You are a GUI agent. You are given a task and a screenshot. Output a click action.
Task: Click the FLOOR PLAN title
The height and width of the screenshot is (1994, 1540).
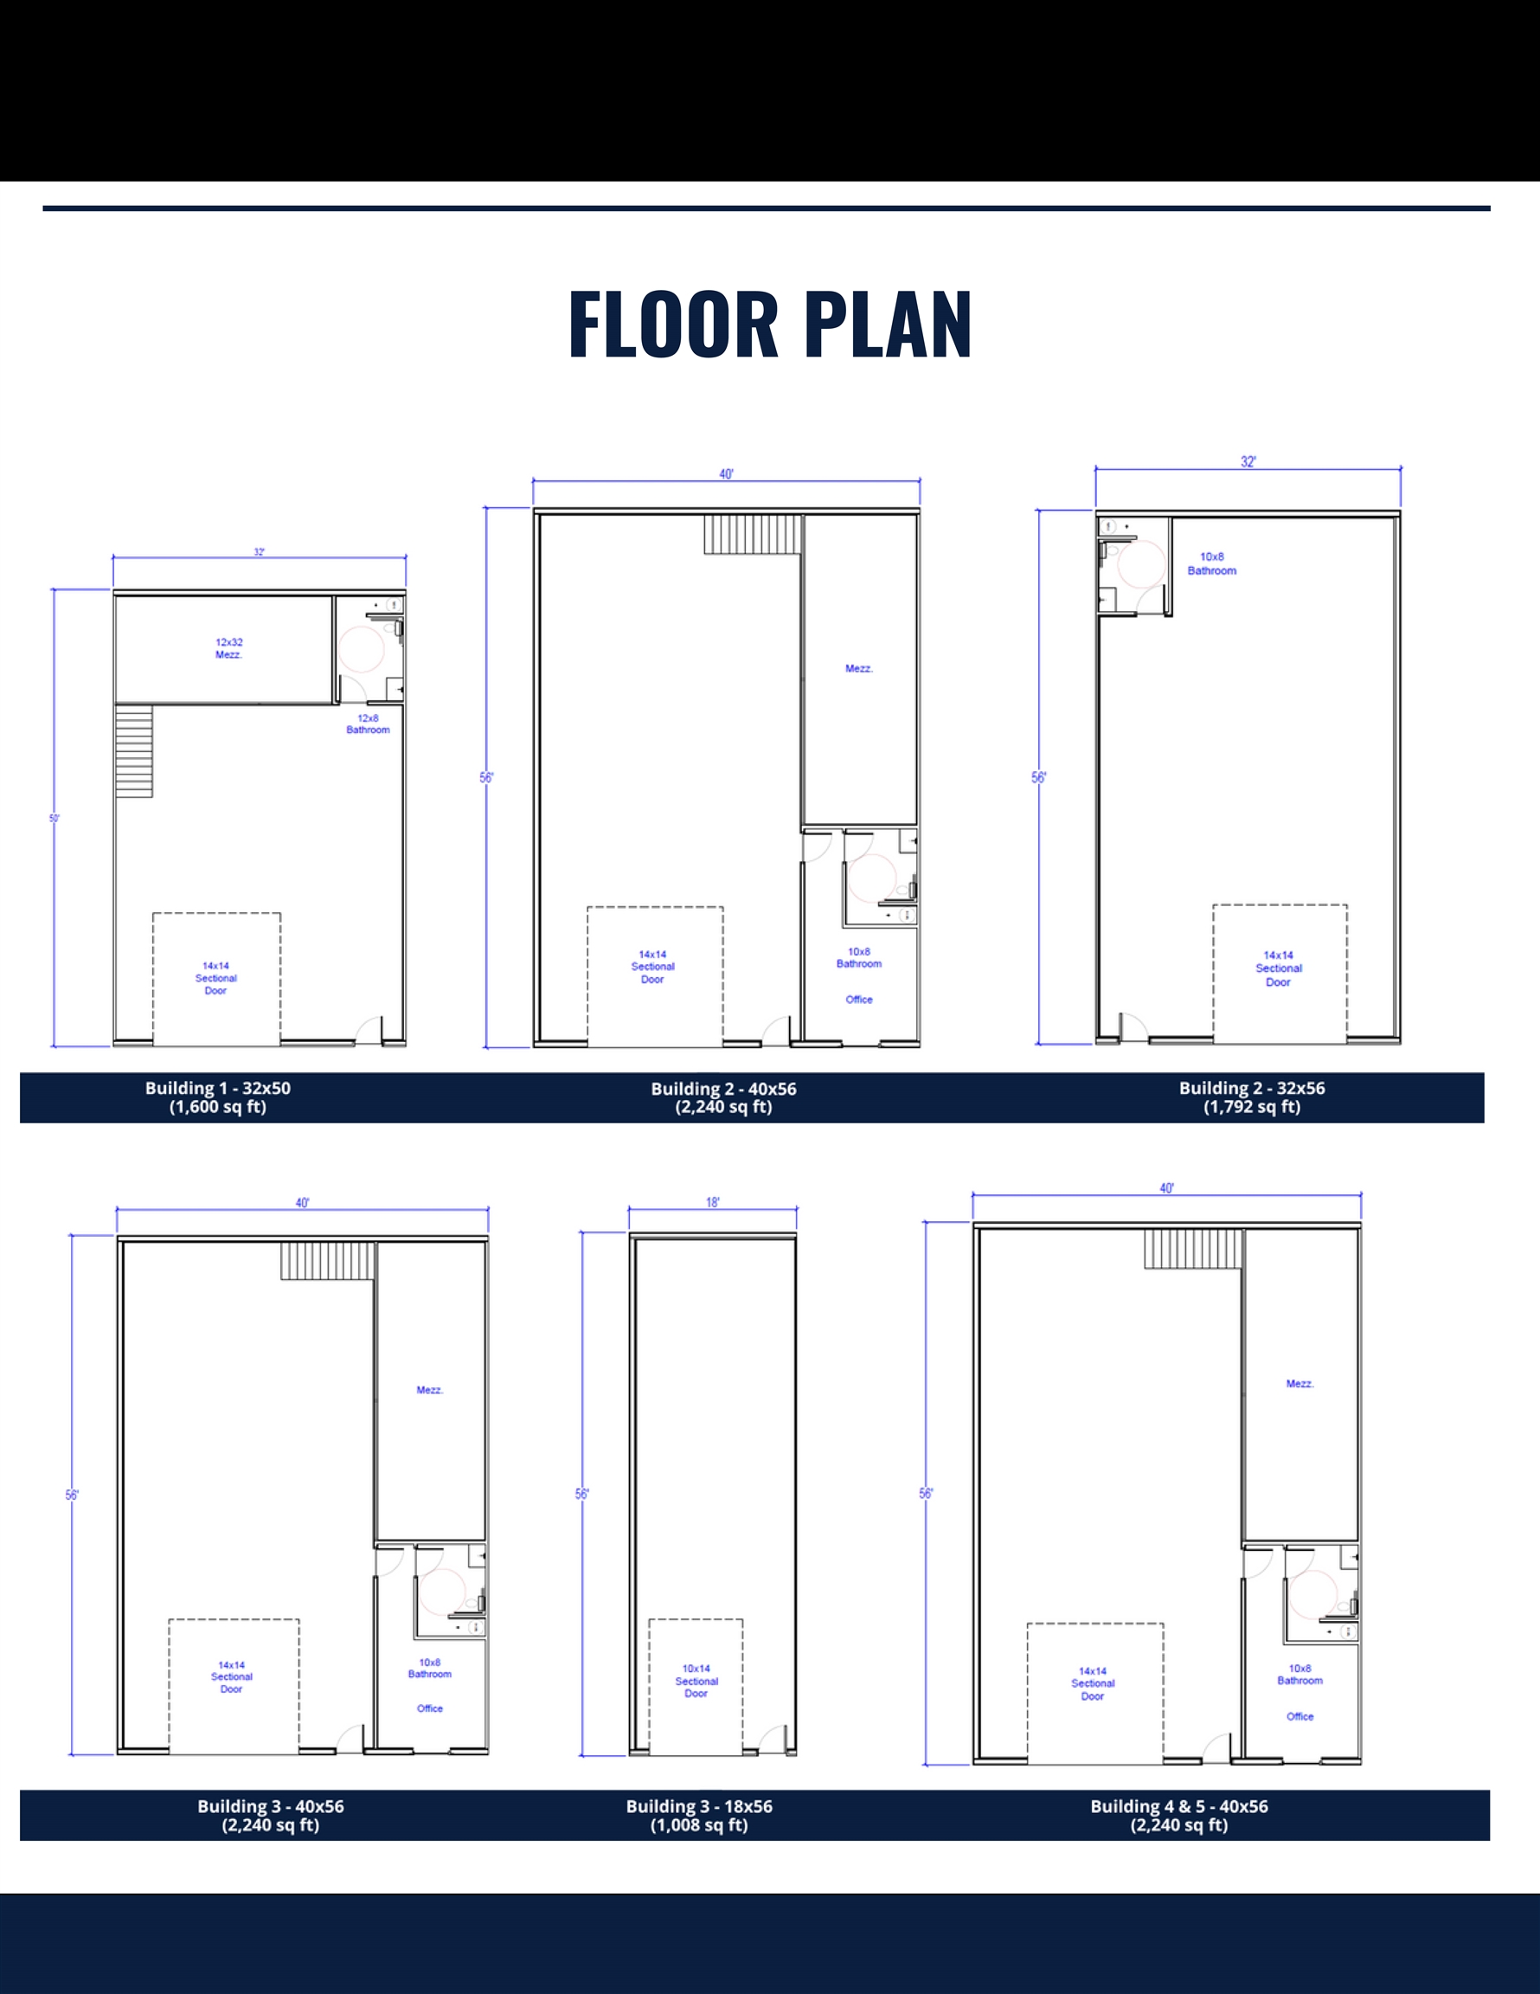coord(769,325)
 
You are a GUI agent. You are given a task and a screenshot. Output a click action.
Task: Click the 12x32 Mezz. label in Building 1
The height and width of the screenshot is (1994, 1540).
coord(229,648)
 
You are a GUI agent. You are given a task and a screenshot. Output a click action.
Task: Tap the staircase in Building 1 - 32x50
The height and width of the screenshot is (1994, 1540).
coord(134,750)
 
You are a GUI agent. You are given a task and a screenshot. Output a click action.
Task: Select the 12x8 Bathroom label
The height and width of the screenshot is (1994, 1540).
coord(368,724)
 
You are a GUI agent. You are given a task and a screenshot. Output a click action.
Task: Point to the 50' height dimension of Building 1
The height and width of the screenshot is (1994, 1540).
coord(54,818)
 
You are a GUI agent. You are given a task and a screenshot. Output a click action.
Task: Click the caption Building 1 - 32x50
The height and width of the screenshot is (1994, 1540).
coord(217,1097)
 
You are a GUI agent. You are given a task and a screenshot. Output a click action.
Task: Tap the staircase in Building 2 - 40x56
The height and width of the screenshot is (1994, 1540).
coord(753,534)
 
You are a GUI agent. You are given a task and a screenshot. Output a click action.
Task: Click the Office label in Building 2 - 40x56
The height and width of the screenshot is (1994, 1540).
coord(859,999)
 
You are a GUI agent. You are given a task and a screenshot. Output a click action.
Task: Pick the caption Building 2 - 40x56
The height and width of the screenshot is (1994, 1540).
coord(723,1097)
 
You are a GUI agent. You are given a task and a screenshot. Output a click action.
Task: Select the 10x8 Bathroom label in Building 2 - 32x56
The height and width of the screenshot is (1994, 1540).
coord(1211,563)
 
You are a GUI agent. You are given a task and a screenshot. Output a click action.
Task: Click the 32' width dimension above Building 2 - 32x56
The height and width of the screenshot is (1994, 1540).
coord(1248,462)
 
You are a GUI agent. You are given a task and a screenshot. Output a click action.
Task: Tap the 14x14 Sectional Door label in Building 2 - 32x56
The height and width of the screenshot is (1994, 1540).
coord(1278,968)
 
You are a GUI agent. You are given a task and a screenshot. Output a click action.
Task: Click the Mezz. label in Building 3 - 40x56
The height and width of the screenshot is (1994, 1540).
coord(430,1390)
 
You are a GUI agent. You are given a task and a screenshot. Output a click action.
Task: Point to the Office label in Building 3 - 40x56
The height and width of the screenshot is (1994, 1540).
coord(430,1708)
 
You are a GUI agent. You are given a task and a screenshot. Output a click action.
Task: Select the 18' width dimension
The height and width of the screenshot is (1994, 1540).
coord(712,1202)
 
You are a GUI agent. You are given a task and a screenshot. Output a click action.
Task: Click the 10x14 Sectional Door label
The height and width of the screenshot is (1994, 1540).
coord(696,1681)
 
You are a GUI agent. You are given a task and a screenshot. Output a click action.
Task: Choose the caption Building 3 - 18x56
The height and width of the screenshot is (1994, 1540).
coord(699,1815)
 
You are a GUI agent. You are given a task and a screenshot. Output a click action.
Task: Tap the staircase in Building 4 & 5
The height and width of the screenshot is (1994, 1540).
coord(1194,1248)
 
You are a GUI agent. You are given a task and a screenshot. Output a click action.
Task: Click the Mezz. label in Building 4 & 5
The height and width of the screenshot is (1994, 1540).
coord(1300,1383)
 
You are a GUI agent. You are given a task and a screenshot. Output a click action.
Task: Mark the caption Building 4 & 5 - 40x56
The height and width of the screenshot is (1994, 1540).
coord(1178,1815)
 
